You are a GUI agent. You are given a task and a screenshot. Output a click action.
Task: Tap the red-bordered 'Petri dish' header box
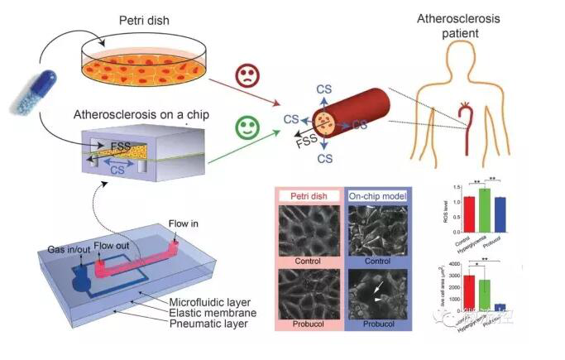click(304, 197)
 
